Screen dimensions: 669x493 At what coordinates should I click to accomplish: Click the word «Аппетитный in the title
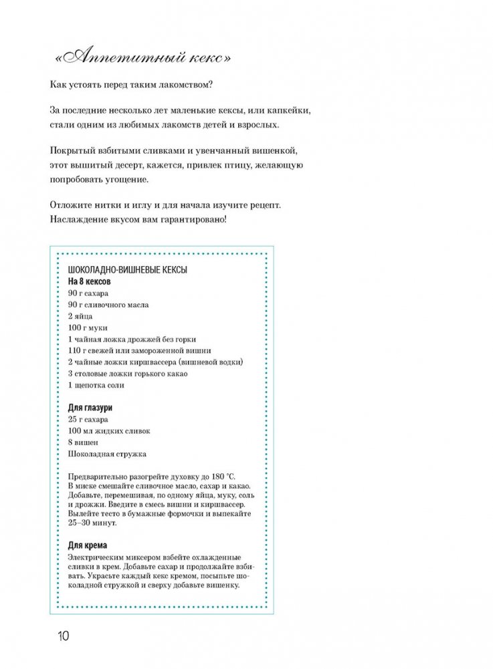click(x=118, y=59)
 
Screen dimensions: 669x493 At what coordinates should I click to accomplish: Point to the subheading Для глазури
click(x=90, y=408)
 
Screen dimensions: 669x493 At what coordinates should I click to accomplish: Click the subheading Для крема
click(x=88, y=545)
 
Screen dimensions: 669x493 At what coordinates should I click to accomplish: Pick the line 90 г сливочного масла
click(x=108, y=305)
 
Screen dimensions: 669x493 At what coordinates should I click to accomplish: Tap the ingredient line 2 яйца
click(x=80, y=316)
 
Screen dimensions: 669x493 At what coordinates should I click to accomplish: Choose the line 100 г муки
click(x=88, y=327)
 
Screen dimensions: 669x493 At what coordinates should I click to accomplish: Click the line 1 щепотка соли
click(x=96, y=385)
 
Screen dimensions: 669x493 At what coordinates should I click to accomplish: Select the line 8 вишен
click(x=83, y=442)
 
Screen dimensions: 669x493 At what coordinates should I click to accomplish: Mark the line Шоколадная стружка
click(x=107, y=454)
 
